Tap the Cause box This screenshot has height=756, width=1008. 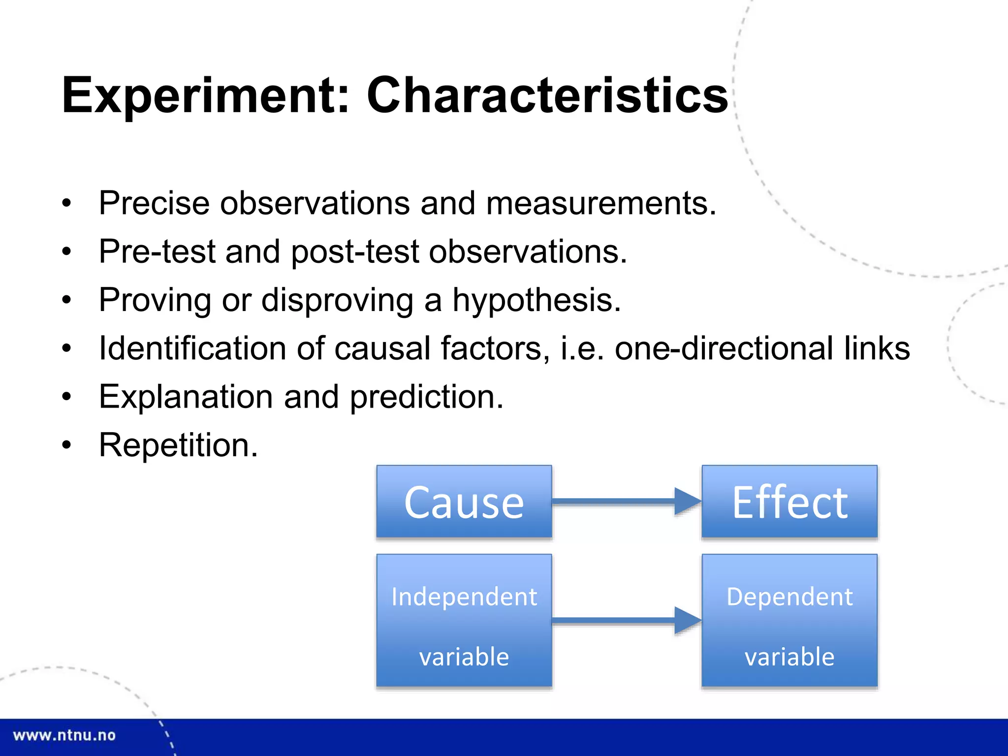coord(464,502)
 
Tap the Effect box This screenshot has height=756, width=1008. coord(789,502)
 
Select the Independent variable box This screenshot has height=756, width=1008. coord(464,620)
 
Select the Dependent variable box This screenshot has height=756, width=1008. coord(789,620)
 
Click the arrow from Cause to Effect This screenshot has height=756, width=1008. coord(625,502)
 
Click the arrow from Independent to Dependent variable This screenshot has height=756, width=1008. coord(625,620)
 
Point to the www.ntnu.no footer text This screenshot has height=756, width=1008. coord(64,735)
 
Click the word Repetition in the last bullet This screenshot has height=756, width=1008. coord(178,445)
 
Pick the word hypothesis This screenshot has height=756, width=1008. coord(536,300)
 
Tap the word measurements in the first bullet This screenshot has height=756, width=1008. coord(600,203)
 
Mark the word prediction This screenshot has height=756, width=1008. coord(426,397)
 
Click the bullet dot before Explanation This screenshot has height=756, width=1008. coord(67,397)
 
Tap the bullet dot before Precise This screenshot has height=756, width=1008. coord(67,203)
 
